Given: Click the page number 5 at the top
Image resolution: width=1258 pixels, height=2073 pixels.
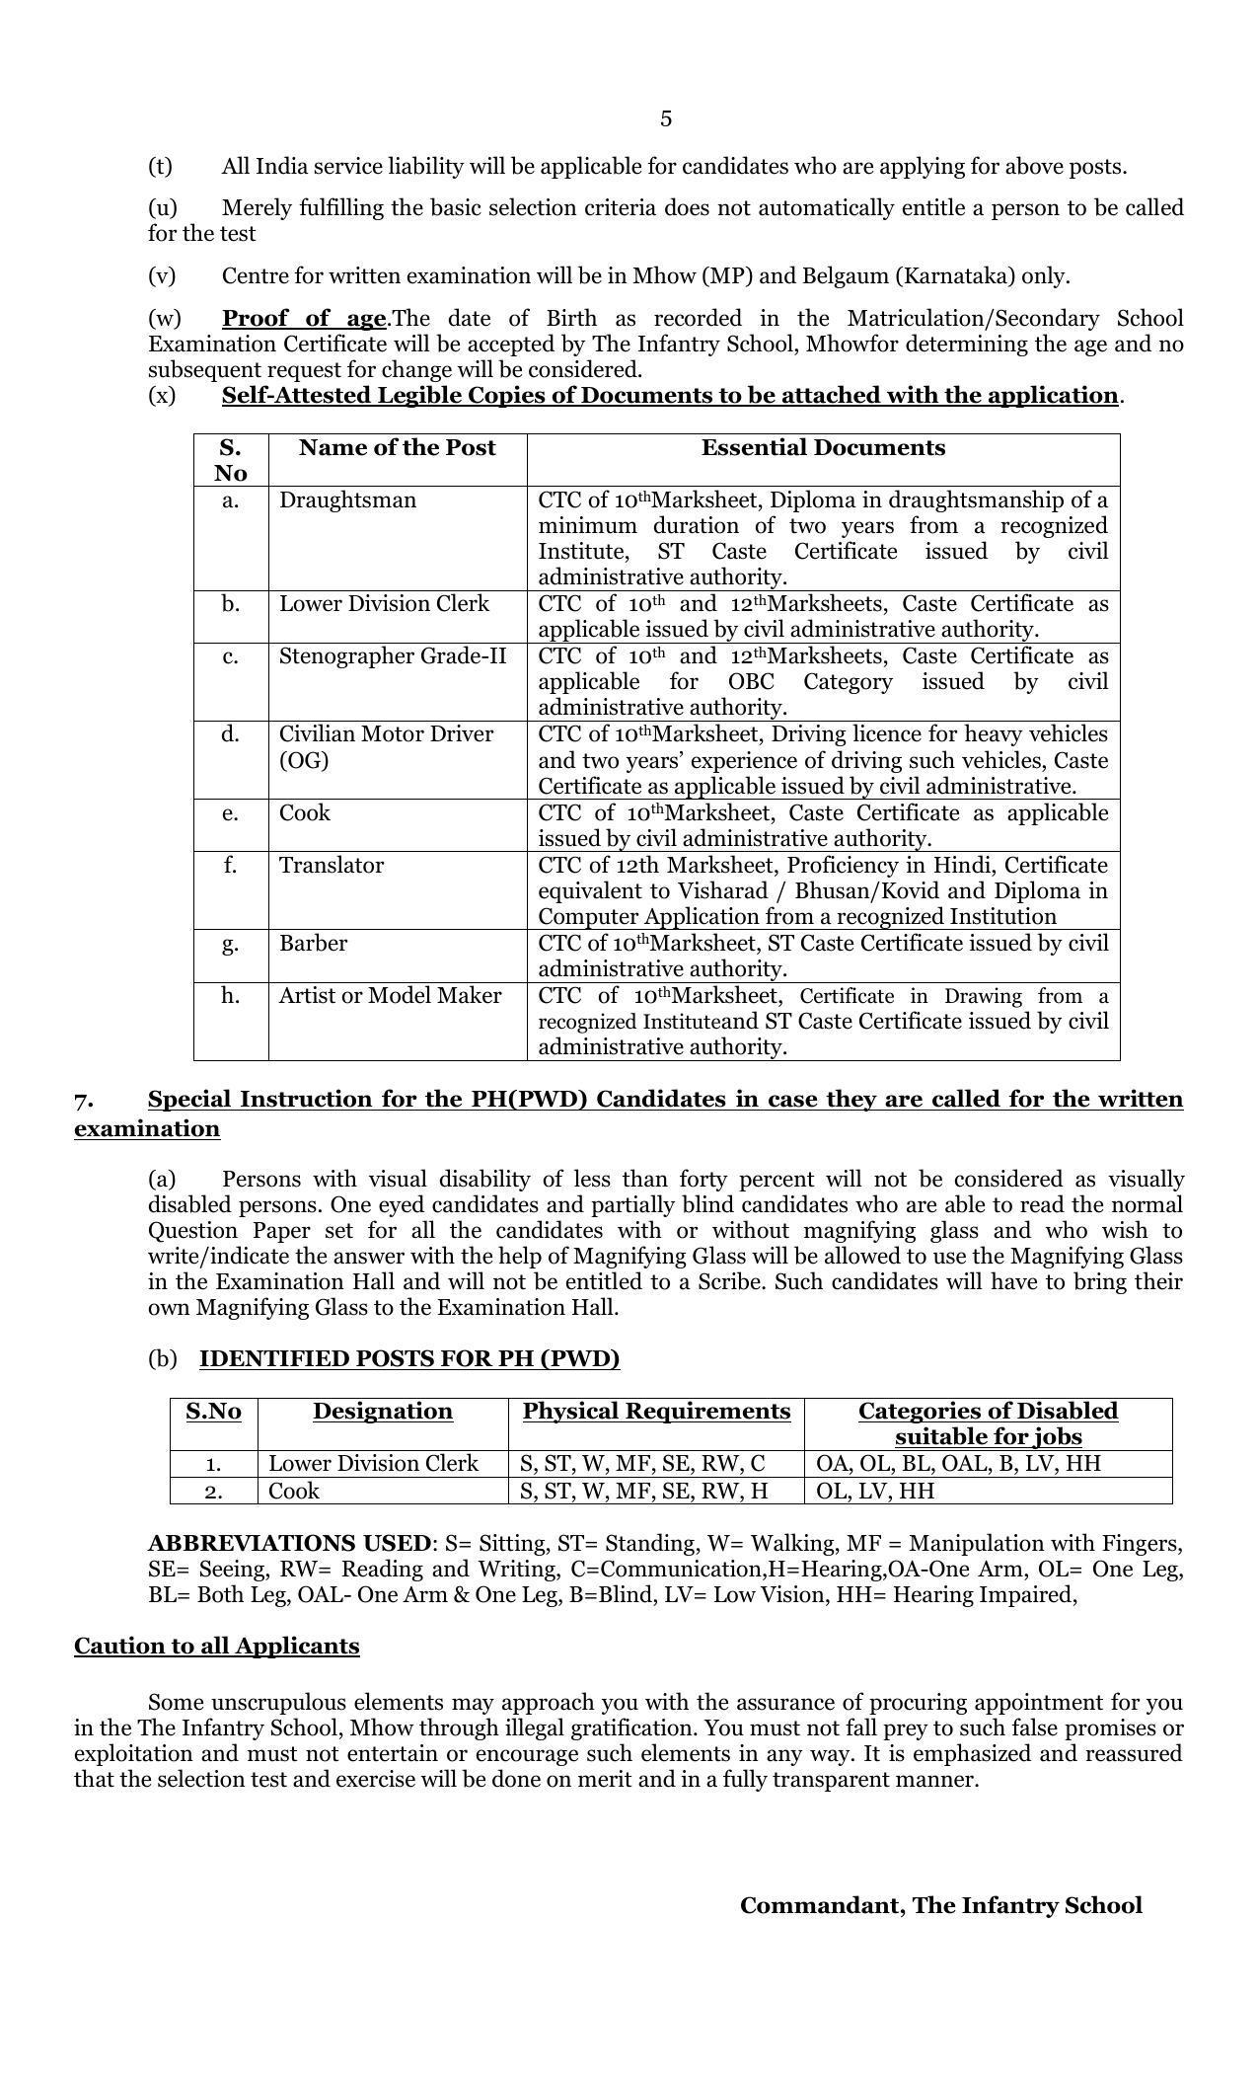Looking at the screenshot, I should [666, 119].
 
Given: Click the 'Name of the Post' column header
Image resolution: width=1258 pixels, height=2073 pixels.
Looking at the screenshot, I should [397, 448].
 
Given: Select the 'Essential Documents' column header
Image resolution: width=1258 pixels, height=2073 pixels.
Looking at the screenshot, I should [823, 448].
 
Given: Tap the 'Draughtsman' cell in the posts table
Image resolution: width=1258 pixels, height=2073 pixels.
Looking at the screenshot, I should [347, 500].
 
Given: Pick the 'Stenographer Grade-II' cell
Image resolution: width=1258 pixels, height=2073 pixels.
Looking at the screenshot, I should [393, 656].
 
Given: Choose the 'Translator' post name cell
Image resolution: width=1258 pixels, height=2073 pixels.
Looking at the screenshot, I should [332, 866].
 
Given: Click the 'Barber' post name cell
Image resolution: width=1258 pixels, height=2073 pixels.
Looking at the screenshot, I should [313, 944].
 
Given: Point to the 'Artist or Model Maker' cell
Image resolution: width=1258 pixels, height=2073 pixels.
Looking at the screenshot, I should [390, 996].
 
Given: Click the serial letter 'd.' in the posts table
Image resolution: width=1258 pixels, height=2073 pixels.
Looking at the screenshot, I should [230, 734].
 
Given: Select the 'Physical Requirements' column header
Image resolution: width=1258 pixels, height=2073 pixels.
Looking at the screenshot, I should [656, 1412].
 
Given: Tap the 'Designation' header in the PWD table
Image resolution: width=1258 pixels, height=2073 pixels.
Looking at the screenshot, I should [383, 1412].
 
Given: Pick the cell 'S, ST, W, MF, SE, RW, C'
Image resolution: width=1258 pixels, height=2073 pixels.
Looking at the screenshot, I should [642, 1464].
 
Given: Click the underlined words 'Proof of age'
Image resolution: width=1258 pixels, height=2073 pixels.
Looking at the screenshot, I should [303, 319].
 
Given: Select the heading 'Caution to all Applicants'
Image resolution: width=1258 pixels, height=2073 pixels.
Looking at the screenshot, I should [216, 1647].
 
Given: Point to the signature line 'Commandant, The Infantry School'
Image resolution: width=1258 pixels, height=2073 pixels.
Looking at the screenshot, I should [940, 1906].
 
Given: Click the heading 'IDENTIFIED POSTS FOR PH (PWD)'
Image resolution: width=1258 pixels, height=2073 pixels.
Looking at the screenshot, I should [409, 1359].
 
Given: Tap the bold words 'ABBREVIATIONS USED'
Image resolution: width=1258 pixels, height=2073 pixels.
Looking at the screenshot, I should [289, 1544].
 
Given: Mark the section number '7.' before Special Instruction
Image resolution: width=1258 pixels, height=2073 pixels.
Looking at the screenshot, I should [84, 1100].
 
